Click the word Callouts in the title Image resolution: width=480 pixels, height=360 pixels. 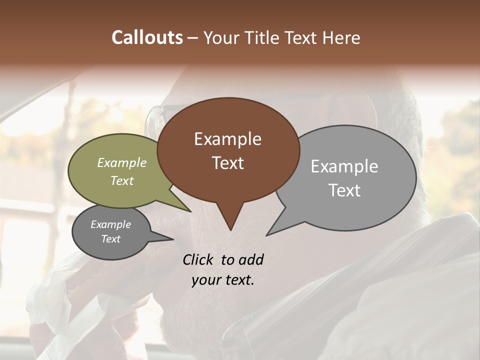(x=147, y=37)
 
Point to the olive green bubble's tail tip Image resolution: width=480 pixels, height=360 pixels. (x=191, y=211)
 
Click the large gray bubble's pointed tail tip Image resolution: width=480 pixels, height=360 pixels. (x=267, y=235)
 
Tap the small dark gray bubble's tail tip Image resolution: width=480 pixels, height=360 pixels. (x=173, y=239)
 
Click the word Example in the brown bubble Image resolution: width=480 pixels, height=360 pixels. (x=227, y=139)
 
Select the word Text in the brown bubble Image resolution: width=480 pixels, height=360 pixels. (x=227, y=163)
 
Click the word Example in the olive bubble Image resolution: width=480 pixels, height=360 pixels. (x=121, y=162)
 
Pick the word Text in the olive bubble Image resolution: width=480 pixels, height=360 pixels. (x=121, y=180)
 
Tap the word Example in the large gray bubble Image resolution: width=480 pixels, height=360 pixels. (x=344, y=166)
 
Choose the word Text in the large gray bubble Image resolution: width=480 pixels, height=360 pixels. (x=344, y=190)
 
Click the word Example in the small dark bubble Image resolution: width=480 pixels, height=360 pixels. (x=110, y=224)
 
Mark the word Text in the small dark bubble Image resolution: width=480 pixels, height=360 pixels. (x=110, y=239)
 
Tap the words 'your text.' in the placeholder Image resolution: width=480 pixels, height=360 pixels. (x=222, y=280)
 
